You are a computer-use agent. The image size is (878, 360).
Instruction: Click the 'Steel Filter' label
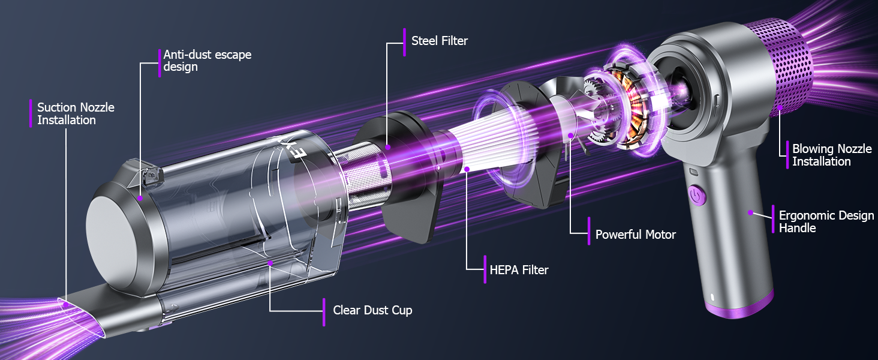440,41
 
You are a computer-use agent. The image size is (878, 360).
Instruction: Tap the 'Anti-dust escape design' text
208,61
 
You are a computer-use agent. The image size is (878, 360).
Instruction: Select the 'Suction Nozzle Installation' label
76,113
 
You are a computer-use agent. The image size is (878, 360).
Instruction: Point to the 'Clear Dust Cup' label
372,310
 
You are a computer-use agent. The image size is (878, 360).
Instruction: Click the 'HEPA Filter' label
519,270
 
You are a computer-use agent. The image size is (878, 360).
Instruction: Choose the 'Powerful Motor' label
635,235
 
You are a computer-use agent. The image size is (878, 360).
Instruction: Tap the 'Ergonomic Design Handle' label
826,221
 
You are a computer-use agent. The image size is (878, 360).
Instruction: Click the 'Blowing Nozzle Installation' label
832,155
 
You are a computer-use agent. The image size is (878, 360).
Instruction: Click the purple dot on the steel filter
387,147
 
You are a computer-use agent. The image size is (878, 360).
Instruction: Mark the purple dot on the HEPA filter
467,169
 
